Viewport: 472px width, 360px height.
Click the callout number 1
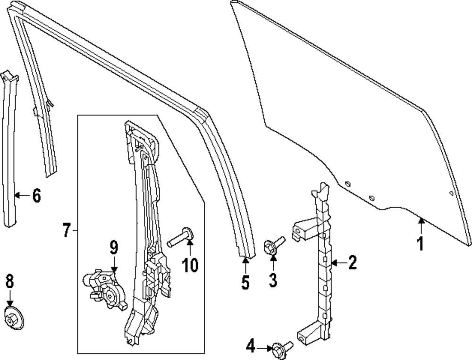click(x=420, y=244)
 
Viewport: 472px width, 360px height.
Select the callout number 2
click(x=352, y=263)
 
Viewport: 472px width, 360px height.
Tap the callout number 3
click(x=273, y=280)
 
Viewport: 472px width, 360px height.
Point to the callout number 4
click(x=251, y=348)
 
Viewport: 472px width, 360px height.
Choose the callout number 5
click(x=245, y=283)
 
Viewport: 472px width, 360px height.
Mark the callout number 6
click(x=36, y=195)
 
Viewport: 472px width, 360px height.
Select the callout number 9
click(x=114, y=247)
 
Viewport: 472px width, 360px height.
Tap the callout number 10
click(x=190, y=266)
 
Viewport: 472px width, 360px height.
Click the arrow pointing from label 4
click(x=263, y=348)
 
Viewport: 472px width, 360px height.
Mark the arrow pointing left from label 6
click(x=22, y=195)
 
